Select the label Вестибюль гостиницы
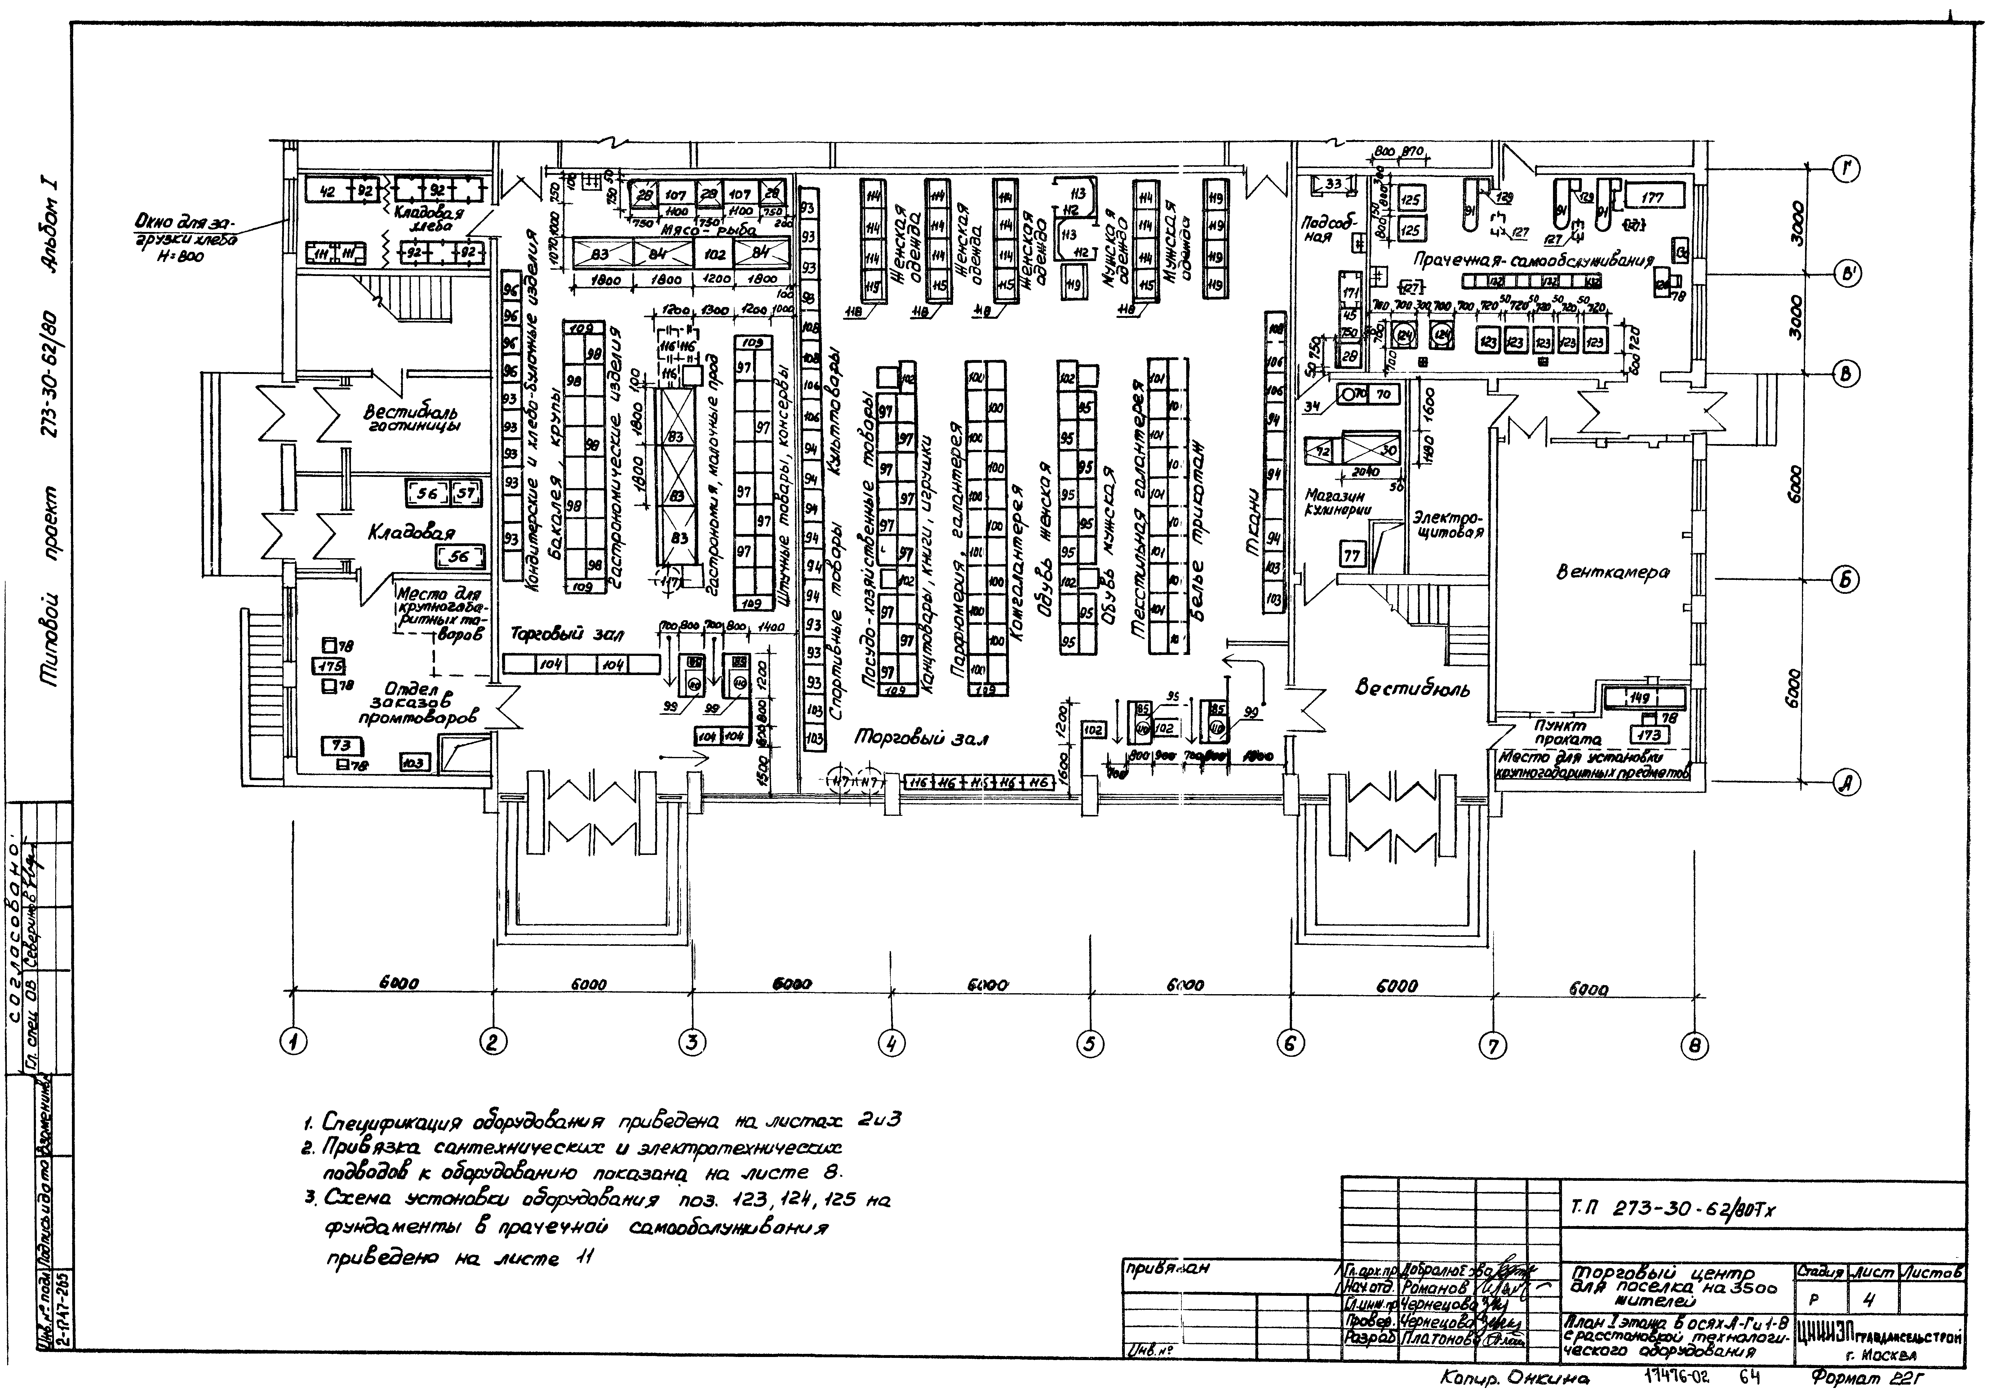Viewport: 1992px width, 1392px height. [411, 418]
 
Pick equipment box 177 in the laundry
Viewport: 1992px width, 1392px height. [1653, 198]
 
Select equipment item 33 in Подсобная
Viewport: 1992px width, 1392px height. [1333, 184]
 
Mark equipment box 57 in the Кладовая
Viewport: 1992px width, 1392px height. [466, 494]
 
